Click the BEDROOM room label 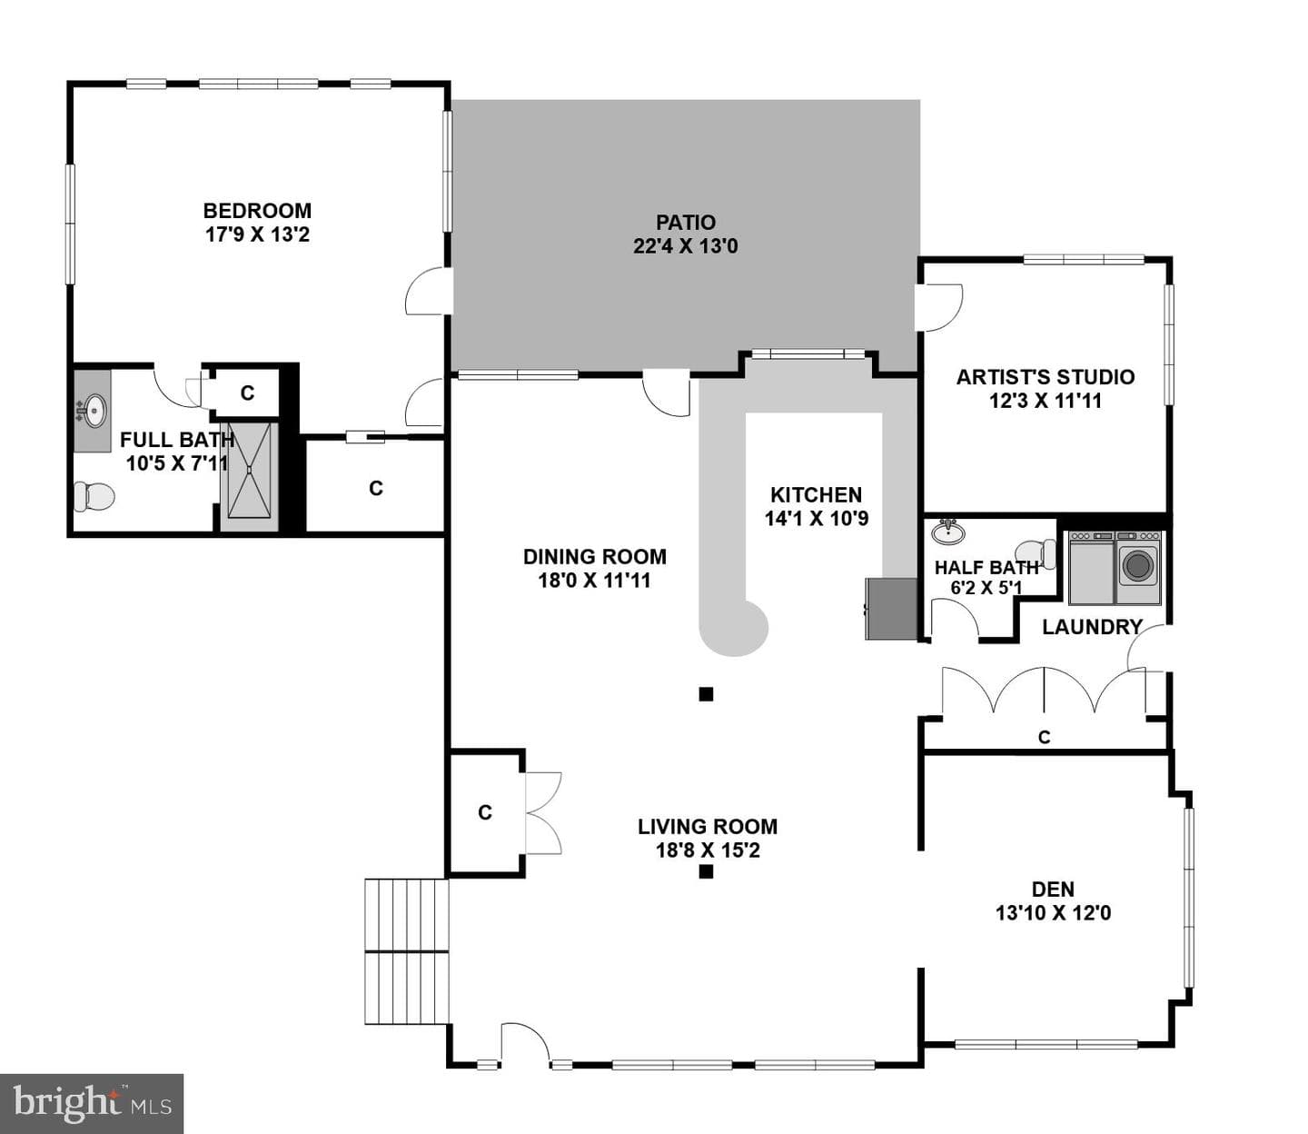point(257,210)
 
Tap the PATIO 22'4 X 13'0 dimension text point(685,245)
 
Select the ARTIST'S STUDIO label point(1045,377)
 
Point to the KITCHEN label point(817,494)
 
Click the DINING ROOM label point(595,557)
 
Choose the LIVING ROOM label point(708,826)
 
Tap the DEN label point(1053,889)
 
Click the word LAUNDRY point(1092,627)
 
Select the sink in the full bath point(93,411)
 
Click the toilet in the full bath point(94,496)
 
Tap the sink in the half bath point(948,532)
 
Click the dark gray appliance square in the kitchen point(891,609)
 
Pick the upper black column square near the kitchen point(706,694)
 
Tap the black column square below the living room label point(706,872)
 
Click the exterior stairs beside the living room point(406,960)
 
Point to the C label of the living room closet point(485,812)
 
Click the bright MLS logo point(92,1103)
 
